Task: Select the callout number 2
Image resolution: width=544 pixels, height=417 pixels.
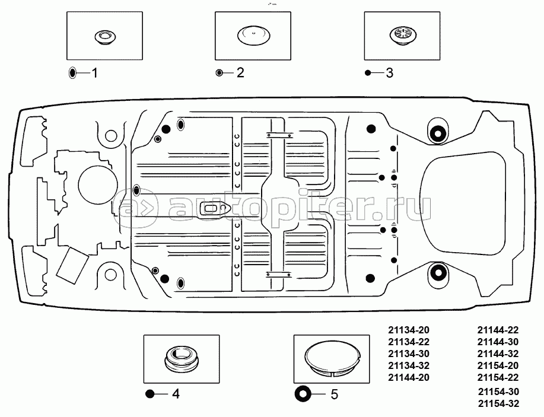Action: point(240,73)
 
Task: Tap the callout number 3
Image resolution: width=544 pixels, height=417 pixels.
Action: point(389,73)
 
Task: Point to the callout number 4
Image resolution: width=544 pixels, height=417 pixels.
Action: point(176,394)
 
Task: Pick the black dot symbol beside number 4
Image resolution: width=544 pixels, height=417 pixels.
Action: point(150,394)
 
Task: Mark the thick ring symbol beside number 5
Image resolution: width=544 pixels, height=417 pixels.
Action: point(302,393)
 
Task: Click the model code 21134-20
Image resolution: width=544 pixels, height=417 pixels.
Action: point(408,330)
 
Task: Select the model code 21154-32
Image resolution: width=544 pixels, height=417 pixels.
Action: point(499,404)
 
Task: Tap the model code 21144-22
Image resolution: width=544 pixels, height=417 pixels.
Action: point(499,330)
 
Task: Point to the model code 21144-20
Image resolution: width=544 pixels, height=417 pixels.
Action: point(408,377)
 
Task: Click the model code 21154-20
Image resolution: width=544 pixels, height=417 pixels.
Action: point(499,365)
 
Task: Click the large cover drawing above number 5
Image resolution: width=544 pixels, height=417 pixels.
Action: point(333,359)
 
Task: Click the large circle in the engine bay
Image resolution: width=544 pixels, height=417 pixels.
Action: point(97,185)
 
